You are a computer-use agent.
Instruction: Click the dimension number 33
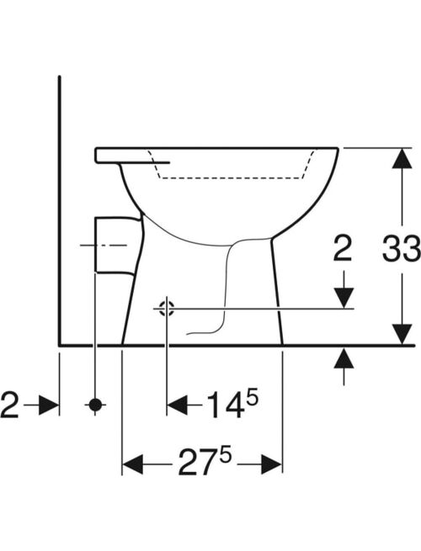402,249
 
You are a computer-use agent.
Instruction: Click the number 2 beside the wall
9,405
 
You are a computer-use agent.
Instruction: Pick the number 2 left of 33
343,248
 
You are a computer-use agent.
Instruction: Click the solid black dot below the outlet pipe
95,405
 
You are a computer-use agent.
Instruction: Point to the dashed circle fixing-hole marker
167,309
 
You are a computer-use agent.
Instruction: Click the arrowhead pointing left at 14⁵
177,405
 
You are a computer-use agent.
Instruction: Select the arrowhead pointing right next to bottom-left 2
49,405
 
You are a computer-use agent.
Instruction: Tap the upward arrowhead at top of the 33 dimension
402,159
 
